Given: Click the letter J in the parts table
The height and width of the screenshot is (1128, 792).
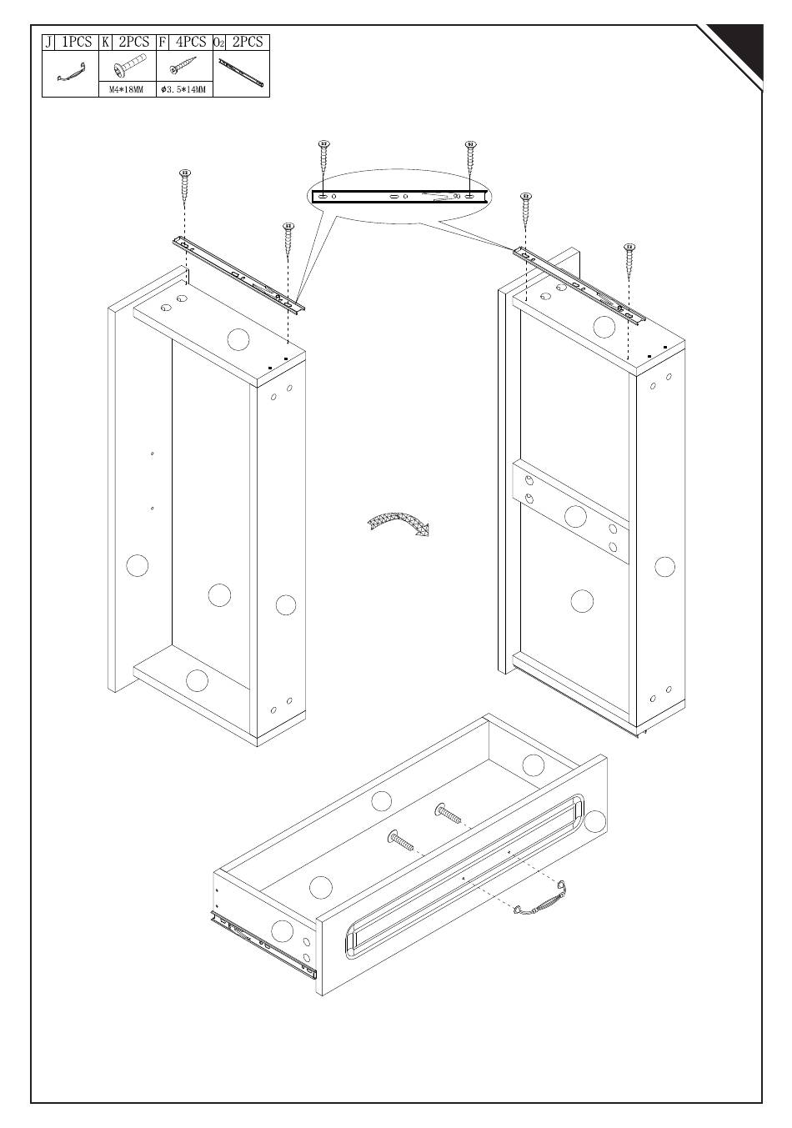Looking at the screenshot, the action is click(48, 43).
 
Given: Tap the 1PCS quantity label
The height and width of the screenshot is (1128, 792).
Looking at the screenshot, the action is click(77, 42).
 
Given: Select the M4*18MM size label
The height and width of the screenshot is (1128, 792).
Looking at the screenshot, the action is click(127, 90).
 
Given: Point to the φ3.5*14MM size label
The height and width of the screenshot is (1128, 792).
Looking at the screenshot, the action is click(183, 90).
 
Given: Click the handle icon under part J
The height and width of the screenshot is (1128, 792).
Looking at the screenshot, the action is click(71, 73).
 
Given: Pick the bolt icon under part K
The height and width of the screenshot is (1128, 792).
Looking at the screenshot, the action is click(128, 66).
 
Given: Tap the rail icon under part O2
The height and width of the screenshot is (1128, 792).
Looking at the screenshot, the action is click(242, 72).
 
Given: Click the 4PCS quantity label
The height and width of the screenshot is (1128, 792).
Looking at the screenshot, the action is click(191, 42).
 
